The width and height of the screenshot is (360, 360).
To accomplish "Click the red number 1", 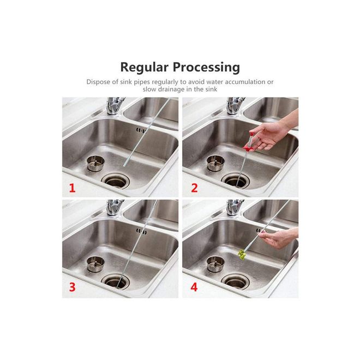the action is [73, 188].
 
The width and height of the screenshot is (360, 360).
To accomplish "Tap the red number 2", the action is [194, 188].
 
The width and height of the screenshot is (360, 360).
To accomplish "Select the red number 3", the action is [73, 287].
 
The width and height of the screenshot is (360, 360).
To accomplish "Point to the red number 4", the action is [194, 287].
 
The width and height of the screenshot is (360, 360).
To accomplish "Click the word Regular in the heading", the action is [145, 68].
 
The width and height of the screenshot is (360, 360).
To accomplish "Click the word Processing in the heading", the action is [206, 68].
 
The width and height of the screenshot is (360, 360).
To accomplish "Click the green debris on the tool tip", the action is [242, 255].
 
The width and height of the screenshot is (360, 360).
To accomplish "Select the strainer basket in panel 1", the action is [96, 163].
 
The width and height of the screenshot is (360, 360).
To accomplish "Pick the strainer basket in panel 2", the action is [215, 163].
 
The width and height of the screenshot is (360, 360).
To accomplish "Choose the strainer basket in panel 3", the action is [96, 264].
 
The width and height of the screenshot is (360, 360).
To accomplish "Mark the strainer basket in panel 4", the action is [215, 264].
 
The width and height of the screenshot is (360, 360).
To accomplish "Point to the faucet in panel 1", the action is [115, 106].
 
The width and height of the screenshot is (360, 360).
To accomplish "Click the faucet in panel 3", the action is [115, 207].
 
